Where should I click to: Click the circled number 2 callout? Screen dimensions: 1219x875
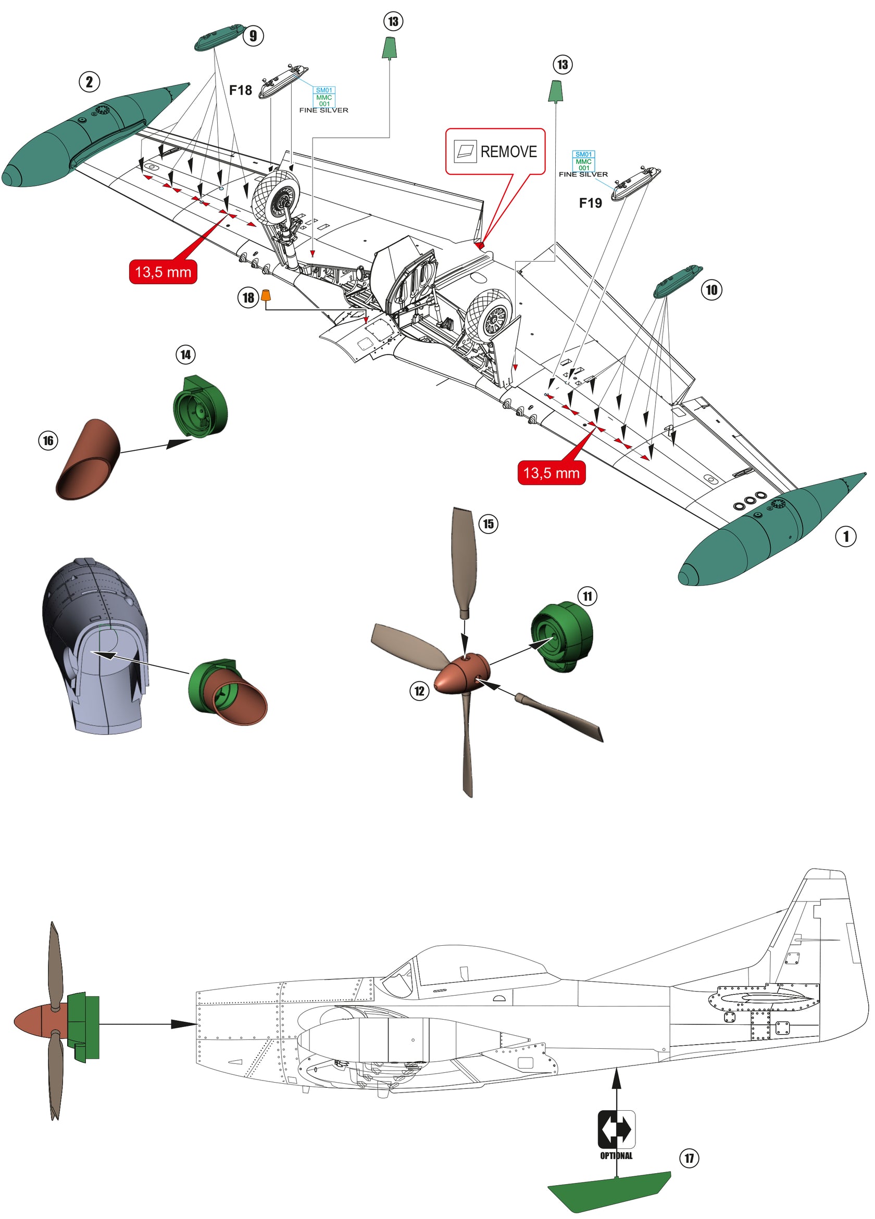pyautogui.click(x=89, y=82)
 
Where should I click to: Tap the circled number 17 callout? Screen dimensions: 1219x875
pyautogui.click(x=689, y=1158)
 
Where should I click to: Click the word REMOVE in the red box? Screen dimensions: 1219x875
pyautogui.click(x=508, y=151)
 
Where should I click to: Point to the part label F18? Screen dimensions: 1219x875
pyautogui.click(x=241, y=90)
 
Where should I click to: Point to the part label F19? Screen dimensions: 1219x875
pyautogui.click(x=590, y=202)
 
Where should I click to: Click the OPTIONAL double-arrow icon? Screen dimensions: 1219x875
pyautogui.click(x=616, y=1130)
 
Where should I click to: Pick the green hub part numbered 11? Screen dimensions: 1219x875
pyautogui.click(x=562, y=637)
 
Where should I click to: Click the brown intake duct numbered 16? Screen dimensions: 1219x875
pyautogui.click(x=87, y=460)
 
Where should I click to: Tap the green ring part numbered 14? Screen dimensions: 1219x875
pyautogui.click(x=200, y=407)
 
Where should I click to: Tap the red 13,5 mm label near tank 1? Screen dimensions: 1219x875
pyautogui.click(x=551, y=473)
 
